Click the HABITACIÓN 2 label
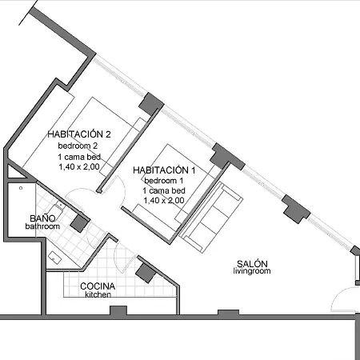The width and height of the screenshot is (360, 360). click(79, 134)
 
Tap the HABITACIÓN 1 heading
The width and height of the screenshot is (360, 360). click(164, 170)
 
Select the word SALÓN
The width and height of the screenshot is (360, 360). click(252, 264)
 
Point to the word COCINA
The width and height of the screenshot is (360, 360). click(98, 286)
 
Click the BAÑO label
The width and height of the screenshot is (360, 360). click(42, 218)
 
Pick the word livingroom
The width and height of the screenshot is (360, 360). click(252, 271)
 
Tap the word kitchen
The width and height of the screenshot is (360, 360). click(98, 294)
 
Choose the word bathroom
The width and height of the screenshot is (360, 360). click(42, 226)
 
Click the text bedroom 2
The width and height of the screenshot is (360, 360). click(78, 146)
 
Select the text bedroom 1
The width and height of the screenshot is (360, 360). click(164, 181)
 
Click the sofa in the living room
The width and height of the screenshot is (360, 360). click(210, 217)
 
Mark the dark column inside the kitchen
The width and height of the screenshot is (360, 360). click(146, 273)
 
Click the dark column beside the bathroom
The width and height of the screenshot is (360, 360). click(79, 222)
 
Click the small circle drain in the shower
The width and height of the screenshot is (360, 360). click(21, 188)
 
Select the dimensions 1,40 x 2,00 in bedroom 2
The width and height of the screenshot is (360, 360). click(79, 166)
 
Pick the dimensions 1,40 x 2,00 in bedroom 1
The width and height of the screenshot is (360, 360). click(164, 200)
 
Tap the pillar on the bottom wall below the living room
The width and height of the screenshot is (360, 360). click(228, 313)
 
